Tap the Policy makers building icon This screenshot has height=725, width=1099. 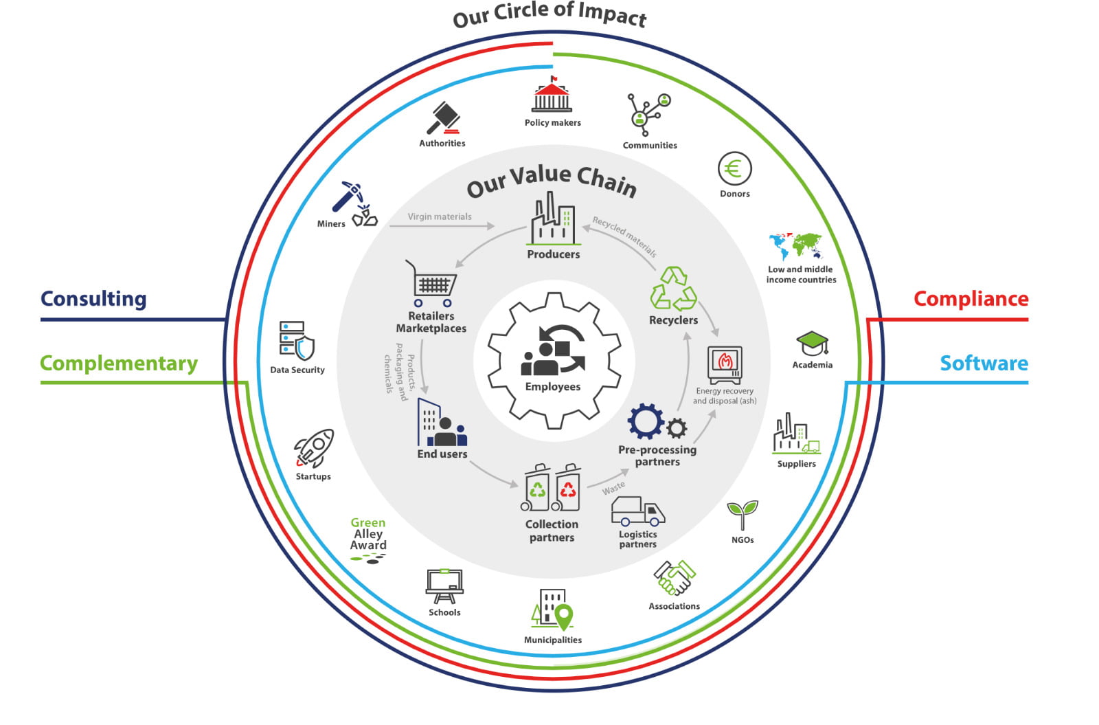click(552, 96)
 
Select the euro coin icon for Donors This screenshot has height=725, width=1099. click(734, 168)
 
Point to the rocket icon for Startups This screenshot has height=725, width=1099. click(315, 448)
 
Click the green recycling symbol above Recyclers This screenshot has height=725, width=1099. click(673, 289)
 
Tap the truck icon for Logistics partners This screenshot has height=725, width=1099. click(637, 511)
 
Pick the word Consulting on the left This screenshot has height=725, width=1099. click(93, 299)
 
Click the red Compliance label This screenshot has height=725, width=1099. click(971, 299)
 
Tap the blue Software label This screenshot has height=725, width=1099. click(984, 363)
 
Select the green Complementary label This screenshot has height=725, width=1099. click(119, 363)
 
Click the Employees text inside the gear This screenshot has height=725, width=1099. click(552, 387)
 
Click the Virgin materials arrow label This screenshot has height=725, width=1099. click(440, 216)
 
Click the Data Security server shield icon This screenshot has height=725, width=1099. click(297, 340)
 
